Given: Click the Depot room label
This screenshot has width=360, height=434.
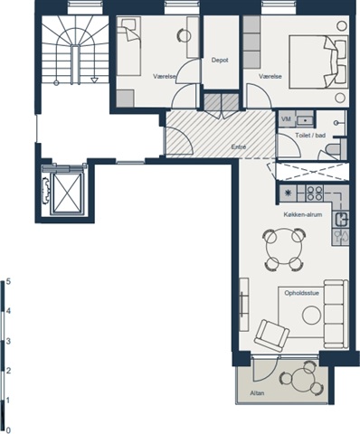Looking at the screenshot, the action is coord(220,61).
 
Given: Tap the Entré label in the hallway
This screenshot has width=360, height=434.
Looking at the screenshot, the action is coord(239,147).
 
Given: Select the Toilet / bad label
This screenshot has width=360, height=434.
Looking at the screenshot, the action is coord(310,136).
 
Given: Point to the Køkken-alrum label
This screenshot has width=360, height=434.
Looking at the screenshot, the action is coord(303,214).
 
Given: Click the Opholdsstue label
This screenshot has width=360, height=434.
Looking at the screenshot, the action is coord(302,293).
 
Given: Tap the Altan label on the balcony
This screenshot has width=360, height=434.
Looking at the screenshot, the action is coord(257,393).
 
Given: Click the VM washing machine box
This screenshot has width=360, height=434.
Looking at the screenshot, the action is coord(286,119).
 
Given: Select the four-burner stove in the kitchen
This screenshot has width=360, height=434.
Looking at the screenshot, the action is coord(315,193).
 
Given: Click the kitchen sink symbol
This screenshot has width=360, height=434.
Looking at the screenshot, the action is coord(342,220).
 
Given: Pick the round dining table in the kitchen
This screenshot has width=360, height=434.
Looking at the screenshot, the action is coord(284,249).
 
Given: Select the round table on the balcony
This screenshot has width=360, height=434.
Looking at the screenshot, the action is coord(302,378).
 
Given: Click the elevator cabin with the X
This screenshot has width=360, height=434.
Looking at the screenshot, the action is coord(67,193).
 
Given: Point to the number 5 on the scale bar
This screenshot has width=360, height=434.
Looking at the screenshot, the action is coord(8,281).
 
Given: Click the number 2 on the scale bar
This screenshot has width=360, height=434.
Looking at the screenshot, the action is coord(8,371).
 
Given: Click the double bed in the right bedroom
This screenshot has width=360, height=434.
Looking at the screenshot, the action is coord(318,62).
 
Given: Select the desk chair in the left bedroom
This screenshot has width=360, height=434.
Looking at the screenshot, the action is coord(184,36).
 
